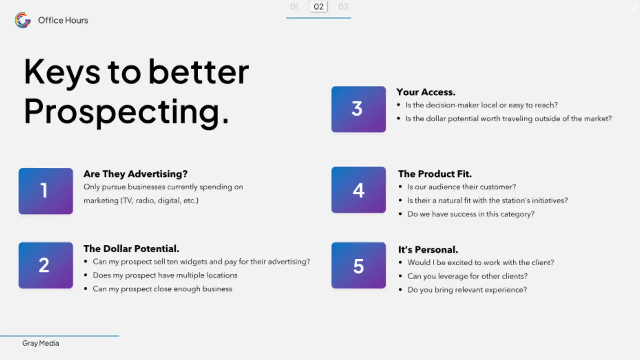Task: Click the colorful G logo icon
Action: [23, 20]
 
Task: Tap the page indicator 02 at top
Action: [319, 7]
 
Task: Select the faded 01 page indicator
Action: [294, 7]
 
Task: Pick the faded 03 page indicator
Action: [343, 7]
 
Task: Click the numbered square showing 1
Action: [46, 191]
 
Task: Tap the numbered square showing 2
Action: [46, 265]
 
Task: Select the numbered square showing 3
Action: [358, 109]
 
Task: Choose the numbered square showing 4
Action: [358, 190]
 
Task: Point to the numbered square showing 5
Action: [358, 265]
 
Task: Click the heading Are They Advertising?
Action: [135, 174]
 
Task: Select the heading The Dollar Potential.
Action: [131, 249]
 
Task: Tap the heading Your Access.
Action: [426, 92]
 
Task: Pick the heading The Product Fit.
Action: [435, 174]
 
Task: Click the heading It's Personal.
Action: [428, 250]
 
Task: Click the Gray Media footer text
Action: [41, 343]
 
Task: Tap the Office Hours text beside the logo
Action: [63, 20]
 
